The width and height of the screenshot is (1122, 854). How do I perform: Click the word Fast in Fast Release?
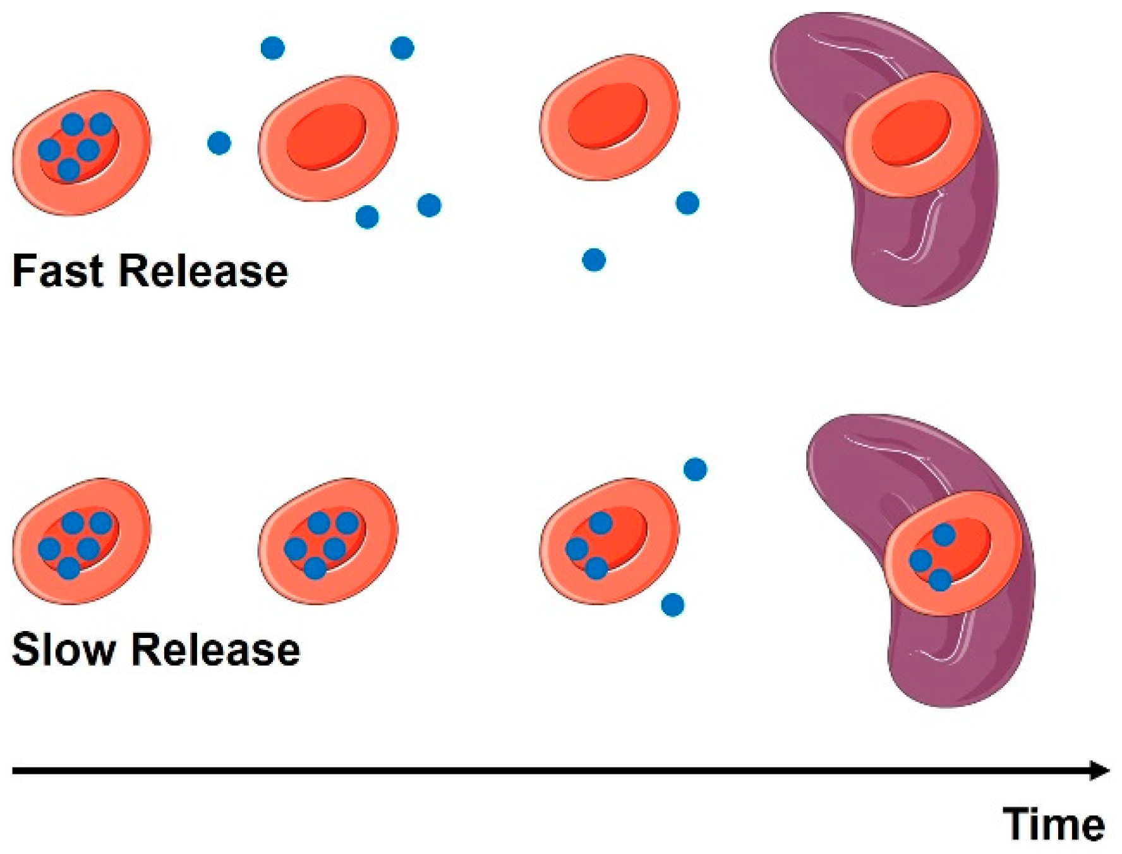(57, 271)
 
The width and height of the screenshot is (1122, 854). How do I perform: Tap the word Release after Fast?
(203, 271)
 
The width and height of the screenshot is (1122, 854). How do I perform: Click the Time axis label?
(1054, 824)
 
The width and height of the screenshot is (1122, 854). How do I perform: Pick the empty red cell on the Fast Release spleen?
(914, 134)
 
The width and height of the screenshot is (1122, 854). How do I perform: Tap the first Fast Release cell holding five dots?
(81, 152)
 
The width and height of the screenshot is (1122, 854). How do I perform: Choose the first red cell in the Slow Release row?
(81, 541)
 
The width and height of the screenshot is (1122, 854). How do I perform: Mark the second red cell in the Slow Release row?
(328, 541)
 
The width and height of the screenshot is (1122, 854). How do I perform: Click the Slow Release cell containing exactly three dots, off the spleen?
(610, 541)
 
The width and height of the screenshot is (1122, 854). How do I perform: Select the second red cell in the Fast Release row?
(328, 138)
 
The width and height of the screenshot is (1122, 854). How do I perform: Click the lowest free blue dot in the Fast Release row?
(594, 260)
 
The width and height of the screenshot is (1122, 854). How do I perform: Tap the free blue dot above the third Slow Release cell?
(696, 469)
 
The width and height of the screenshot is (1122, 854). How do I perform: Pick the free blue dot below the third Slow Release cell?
(673, 605)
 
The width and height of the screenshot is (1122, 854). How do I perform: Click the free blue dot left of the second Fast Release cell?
(219, 143)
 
